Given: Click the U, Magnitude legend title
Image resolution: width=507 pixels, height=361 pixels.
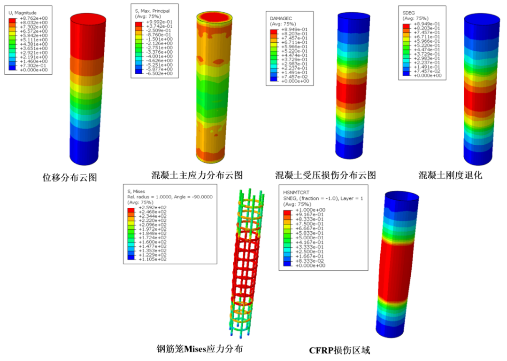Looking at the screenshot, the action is click(23, 13).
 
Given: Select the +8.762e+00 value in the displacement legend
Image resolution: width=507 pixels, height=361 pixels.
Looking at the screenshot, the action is click(34, 18).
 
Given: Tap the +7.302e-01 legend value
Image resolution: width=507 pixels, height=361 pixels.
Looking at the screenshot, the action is click(34, 66).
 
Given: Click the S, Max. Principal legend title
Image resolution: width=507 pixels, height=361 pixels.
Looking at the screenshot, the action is click(152, 11).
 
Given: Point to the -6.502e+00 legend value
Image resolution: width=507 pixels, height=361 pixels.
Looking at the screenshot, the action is click(159, 73).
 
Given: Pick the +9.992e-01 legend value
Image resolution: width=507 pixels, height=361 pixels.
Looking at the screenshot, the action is click(159, 22).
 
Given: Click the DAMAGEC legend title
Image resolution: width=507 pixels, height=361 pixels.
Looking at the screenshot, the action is click(281, 19).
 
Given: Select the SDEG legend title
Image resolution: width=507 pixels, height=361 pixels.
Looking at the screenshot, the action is click(408, 13).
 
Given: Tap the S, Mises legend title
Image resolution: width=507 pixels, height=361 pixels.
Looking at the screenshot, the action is click(136, 191).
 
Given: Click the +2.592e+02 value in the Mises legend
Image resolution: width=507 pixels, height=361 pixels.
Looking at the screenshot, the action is click(152, 208).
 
